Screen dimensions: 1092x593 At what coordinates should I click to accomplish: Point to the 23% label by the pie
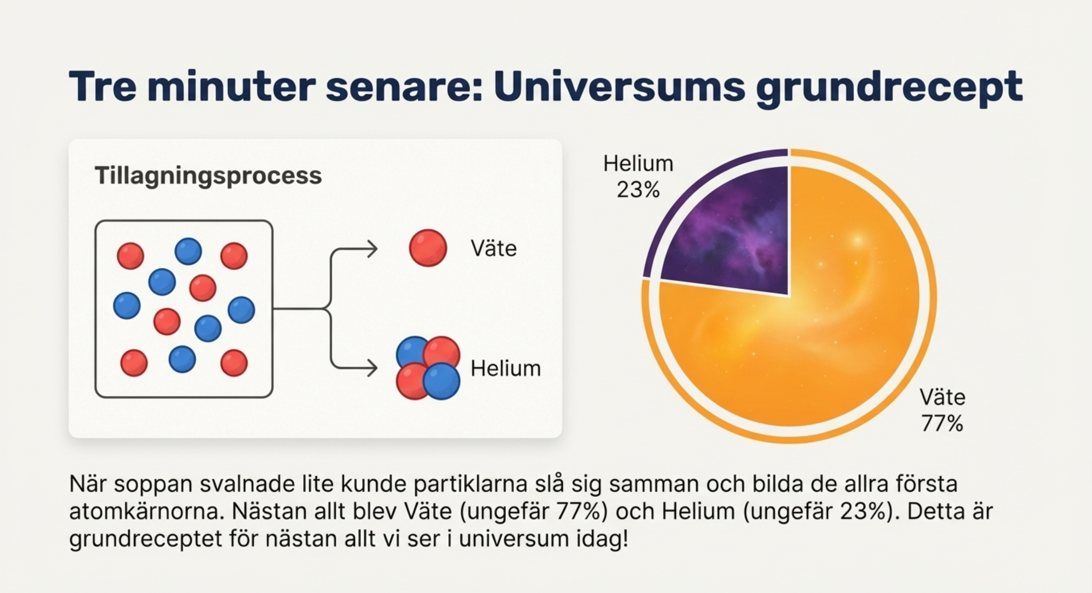pos(638,190)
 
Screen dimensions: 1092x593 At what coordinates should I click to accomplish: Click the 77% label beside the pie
pos(942,423)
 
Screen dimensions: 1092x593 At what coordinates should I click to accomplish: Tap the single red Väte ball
pos(428,248)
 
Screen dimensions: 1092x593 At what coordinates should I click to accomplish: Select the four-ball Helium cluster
pos(428,368)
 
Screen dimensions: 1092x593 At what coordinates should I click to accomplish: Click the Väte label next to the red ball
pos(494,248)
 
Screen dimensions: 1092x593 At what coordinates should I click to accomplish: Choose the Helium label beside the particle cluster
pos(505,368)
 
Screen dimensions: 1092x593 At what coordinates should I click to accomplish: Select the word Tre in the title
pos(102,86)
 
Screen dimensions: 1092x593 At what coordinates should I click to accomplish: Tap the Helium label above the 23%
pos(638,164)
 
